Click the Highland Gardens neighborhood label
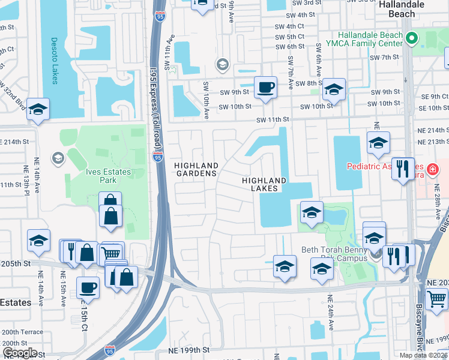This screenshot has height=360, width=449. click(x=195, y=169)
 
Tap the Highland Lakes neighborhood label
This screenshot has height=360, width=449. click(x=264, y=184)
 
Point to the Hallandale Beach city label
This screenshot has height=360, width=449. click(x=397, y=8)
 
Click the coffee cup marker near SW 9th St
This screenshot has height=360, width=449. click(x=265, y=88)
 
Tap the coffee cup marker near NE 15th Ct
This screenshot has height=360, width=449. click(x=88, y=287)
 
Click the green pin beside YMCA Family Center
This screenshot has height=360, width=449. click(x=411, y=39)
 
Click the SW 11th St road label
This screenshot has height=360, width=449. click(x=273, y=119)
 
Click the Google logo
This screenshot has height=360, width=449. click(x=19, y=353)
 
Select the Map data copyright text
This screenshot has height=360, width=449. click(x=423, y=355)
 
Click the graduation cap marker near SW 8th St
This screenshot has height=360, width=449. click(x=334, y=90)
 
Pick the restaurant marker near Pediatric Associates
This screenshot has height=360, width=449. click(x=402, y=168)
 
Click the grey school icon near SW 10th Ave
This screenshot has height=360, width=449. click(x=223, y=64)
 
